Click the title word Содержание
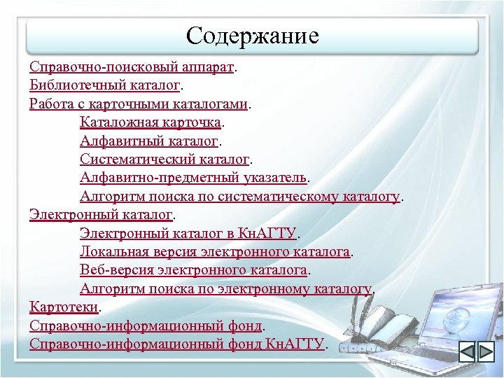point(253,35)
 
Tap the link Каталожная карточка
point(150,123)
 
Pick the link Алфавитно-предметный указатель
point(193,178)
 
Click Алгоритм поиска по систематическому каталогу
point(239,196)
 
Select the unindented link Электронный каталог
point(101,214)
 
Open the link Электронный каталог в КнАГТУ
point(189,232)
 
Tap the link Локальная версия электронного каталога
point(215,251)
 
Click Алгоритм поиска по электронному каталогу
point(225,288)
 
